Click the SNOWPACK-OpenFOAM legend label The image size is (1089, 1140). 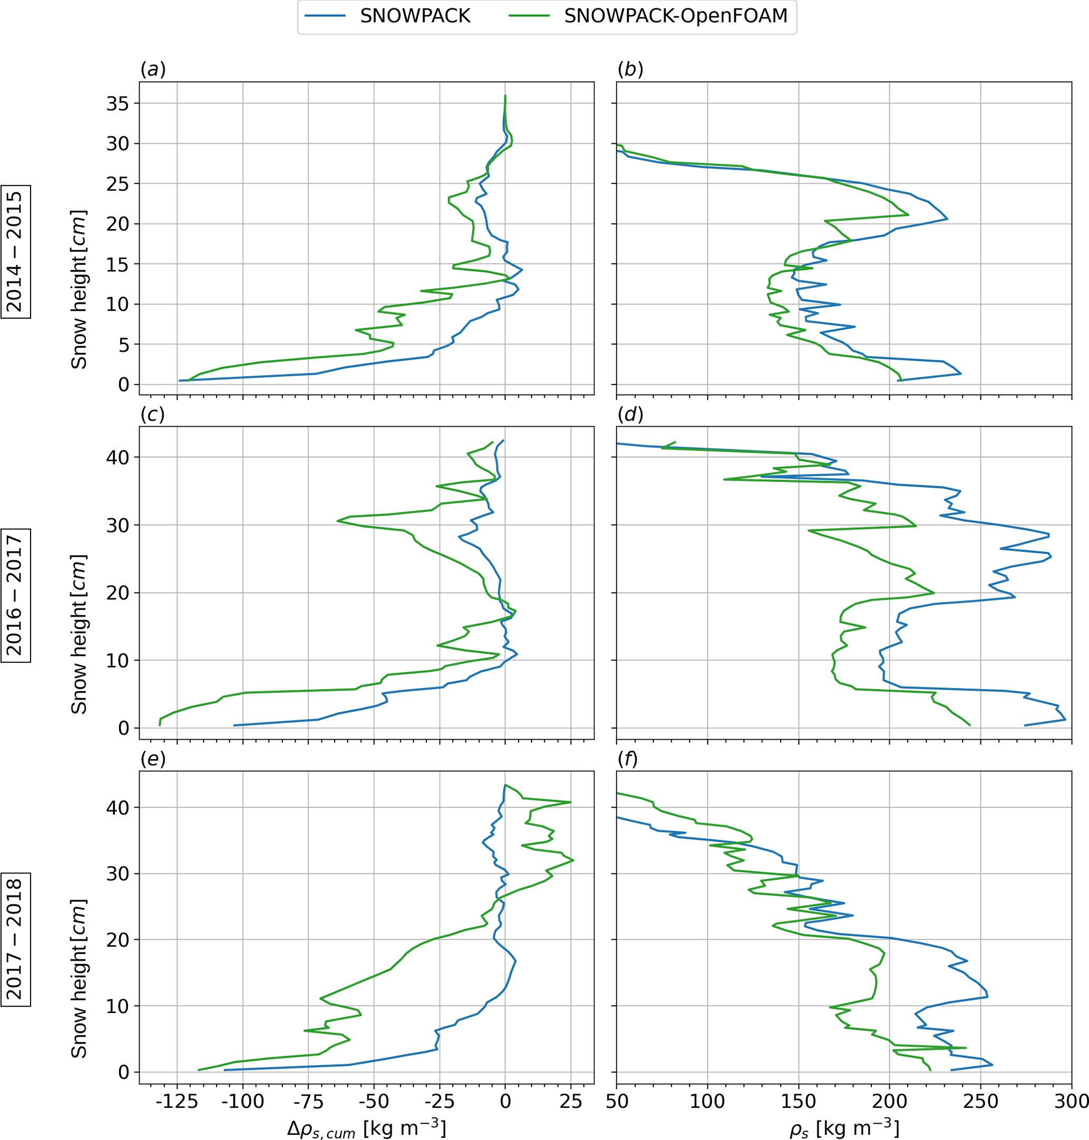click(676, 16)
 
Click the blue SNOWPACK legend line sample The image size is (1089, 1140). click(326, 16)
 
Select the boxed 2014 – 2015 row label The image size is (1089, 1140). click(15, 252)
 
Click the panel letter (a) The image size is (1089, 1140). click(153, 70)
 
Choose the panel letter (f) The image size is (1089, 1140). click(628, 759)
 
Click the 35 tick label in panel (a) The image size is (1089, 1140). click(118, 104)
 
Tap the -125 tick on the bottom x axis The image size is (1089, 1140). click(176, 1101)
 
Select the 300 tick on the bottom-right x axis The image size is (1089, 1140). click(1071, 1101)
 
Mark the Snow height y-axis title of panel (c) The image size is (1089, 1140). click(79, 634)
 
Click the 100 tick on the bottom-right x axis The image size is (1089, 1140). click(707, 1101)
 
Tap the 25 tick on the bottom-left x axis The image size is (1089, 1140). click(571, 1101)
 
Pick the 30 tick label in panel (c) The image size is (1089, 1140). click(118, 525)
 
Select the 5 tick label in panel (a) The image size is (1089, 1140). click(124, 345)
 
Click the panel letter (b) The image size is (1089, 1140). click(631, 70)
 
